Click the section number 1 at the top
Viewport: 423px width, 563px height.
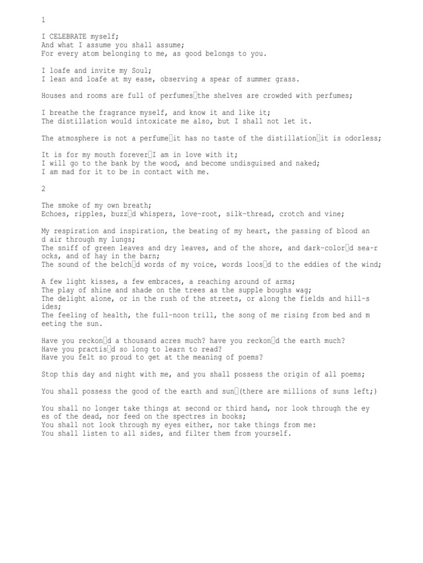44,20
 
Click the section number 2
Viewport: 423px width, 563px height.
44,189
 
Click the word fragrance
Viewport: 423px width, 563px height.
117,113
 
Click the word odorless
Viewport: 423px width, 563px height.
360,138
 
